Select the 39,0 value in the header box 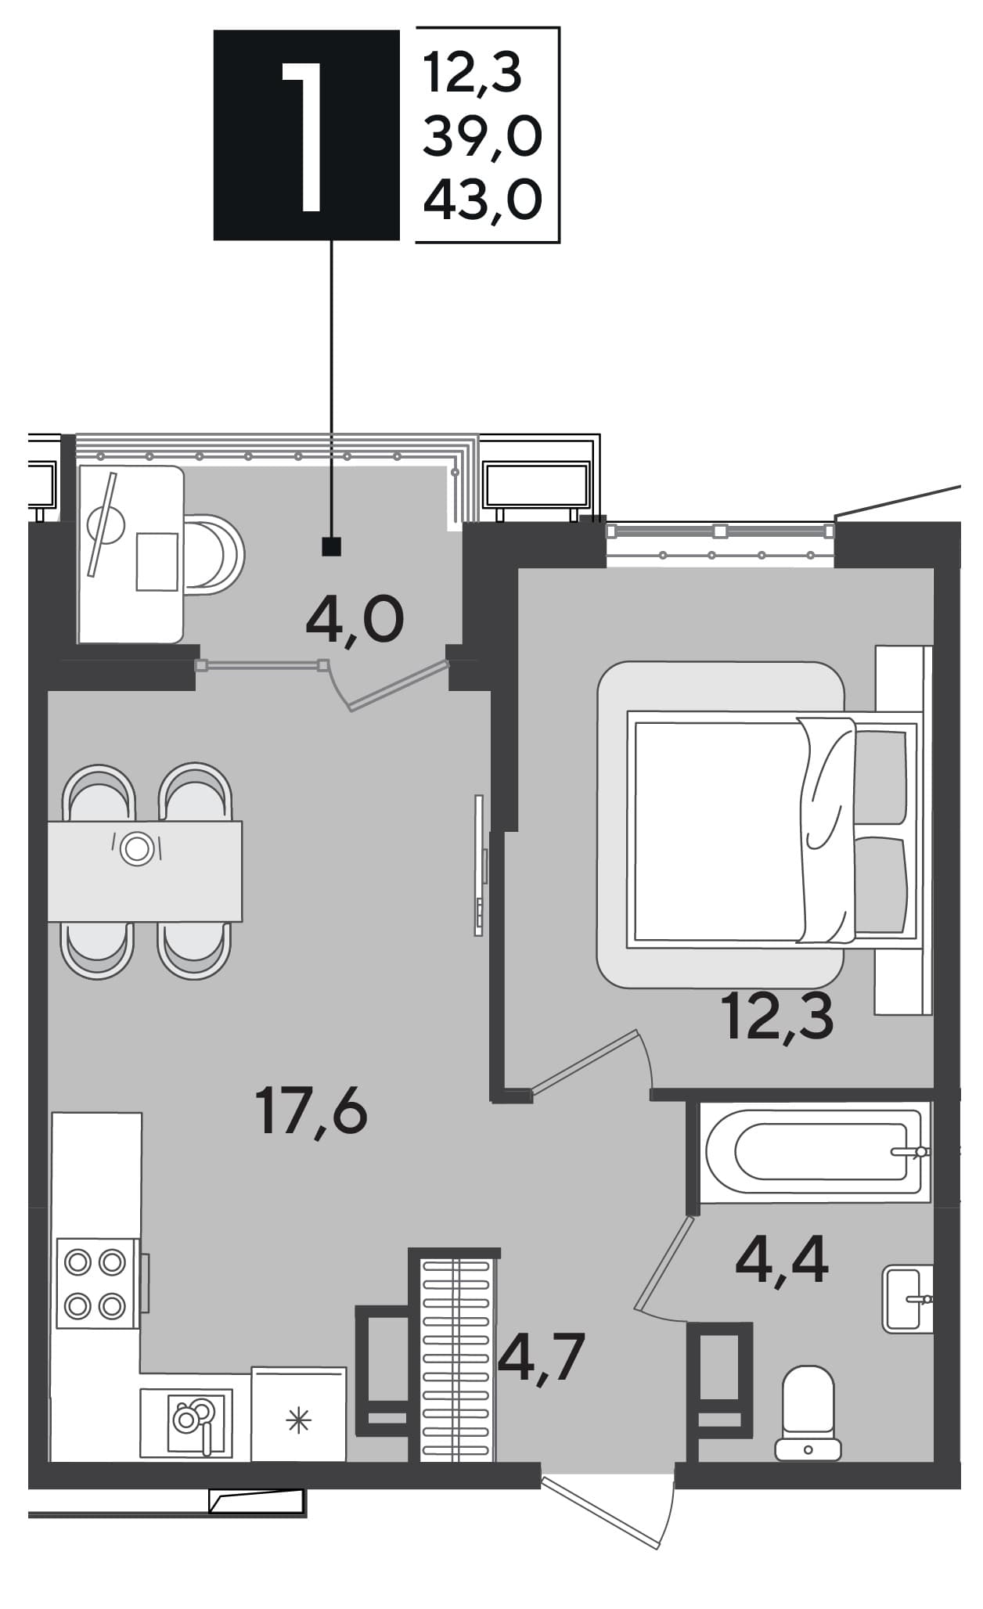[482, 137]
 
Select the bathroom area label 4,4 [781, 1262]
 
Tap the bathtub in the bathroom [815, 1151]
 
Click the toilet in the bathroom [808, 1413]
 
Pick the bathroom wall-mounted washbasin [908, 1299]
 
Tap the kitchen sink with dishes [186, 1422]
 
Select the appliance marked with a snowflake [298, 1415]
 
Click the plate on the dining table [137, 848]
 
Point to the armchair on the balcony [211, 555]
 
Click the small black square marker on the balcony [332, 546]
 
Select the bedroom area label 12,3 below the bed [780, 1016]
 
